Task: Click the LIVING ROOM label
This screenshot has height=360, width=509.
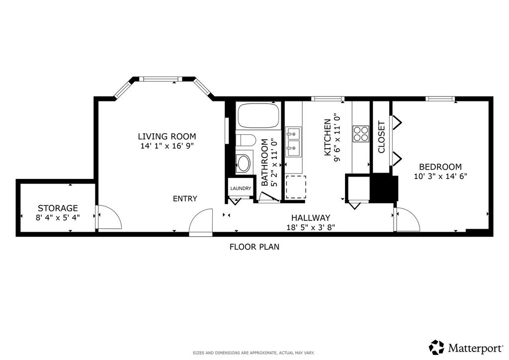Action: click(167, 136)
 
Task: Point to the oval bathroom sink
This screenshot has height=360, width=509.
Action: click(243, 164)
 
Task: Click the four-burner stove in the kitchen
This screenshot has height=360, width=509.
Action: click(361, 134)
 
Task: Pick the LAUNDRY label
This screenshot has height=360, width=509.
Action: click(241, 188)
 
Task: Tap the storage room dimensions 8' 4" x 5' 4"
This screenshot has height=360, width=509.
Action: click(58, 217)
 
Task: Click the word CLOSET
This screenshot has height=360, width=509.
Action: click(381, 137)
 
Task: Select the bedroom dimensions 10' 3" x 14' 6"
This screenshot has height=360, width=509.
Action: click(440, 176)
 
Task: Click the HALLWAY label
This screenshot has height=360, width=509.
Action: click(311, 218)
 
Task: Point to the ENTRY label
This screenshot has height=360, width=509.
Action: click(185, 199)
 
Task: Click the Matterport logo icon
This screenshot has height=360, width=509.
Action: click(436, 348)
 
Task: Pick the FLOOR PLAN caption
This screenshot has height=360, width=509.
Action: click(254, 247)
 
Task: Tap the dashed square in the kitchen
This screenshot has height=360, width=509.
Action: click(296, 187)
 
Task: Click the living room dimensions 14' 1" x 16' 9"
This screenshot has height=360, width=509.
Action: click(167, 146)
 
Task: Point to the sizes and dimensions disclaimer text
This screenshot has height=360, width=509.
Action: click(254, 353)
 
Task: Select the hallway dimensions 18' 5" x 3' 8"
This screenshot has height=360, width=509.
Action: click(311, 228)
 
